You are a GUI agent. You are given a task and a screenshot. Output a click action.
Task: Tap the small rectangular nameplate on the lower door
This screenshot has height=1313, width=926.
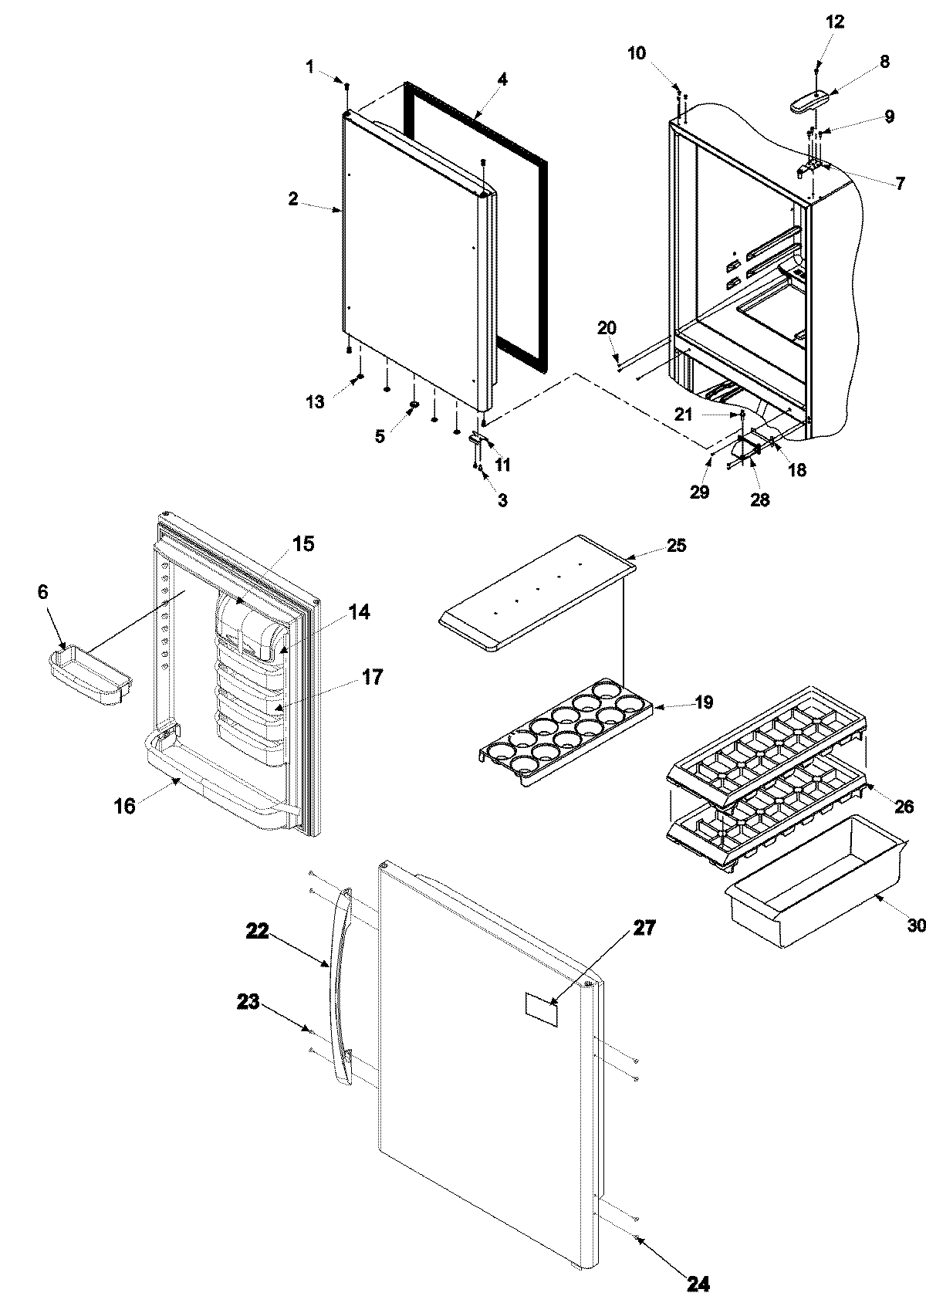pos(542,1009)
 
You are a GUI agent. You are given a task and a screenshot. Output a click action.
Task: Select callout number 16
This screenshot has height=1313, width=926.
pos(125,807)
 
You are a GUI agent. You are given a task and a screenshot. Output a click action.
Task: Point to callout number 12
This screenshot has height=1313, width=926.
pos(835,22)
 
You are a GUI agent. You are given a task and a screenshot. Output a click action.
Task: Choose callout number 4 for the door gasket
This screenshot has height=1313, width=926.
pos(502,79)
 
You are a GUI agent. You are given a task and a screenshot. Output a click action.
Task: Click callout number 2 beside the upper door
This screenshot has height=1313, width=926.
pos(293,199)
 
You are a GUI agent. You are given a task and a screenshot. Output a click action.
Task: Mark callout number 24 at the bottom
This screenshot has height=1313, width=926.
pos(697,1284)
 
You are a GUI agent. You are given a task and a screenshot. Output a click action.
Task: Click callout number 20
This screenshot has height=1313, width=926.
pos(607,328)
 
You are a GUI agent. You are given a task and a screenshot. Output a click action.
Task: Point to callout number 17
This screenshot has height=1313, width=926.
pos(373,678)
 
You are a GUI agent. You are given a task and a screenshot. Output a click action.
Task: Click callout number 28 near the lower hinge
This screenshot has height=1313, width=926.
pos(759,499)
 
